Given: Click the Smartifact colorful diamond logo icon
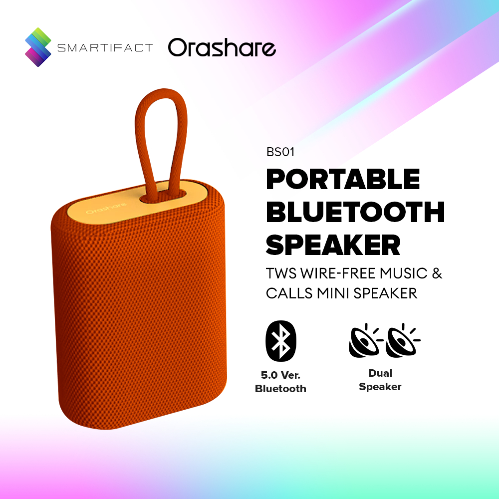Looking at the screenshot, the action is click(38, 47).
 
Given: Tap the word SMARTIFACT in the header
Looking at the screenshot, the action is click(105, 48).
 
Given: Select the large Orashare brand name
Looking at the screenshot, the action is click(222, 47).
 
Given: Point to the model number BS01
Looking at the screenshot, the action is click(280, 152).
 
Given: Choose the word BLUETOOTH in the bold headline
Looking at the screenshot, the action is click(355, 212).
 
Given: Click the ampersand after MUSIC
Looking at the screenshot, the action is click(437, 273).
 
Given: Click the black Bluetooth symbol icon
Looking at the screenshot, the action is click(280, 341).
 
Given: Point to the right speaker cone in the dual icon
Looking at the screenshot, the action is click(402, 341).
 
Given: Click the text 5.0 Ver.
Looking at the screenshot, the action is click(280, 375).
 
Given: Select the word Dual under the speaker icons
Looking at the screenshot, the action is click(380, 373).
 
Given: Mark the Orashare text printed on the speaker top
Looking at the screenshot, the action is click(106, 208).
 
